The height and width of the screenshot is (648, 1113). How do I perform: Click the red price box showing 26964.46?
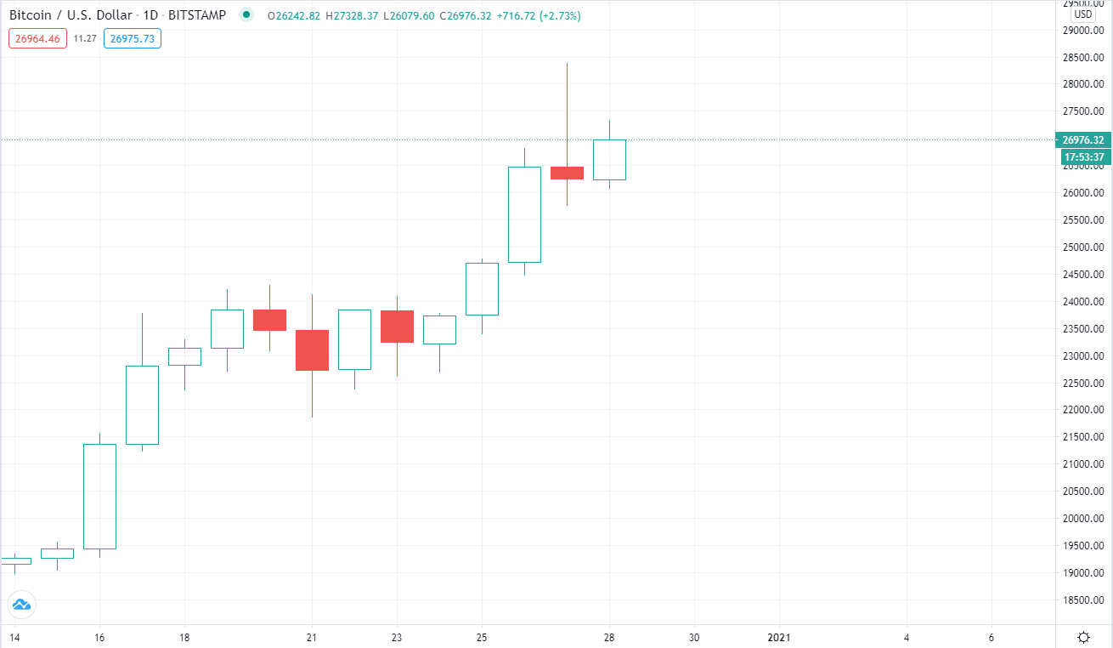(37, 38)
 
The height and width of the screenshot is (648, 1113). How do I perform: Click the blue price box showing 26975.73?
(132, 38)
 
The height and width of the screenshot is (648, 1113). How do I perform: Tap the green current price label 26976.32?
(1082, 140)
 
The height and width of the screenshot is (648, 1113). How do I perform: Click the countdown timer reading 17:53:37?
(1082, 156)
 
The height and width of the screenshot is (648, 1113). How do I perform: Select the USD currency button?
(1082, 14)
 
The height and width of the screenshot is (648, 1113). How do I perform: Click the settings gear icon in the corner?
(1084, 637)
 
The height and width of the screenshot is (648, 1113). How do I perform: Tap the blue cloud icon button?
(21, 605)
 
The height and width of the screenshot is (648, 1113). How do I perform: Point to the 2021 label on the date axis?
(779, 637)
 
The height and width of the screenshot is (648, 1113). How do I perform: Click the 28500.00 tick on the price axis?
(1082, 58)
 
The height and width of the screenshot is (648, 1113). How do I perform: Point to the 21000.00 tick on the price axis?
(1082, 464)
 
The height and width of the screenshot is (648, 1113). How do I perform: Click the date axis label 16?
(99, 637)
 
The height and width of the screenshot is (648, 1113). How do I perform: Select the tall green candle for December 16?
(99, 496)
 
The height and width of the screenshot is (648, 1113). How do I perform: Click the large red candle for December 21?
(312, 350)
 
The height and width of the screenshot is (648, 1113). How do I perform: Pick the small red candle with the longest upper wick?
(567, 173)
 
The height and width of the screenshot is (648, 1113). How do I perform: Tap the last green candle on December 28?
(609, 160)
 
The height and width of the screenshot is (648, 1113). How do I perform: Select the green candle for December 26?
(524, 214)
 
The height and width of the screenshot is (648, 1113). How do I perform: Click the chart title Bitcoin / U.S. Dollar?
(71, 15)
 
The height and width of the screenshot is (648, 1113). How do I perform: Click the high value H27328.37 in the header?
(353, 15)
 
